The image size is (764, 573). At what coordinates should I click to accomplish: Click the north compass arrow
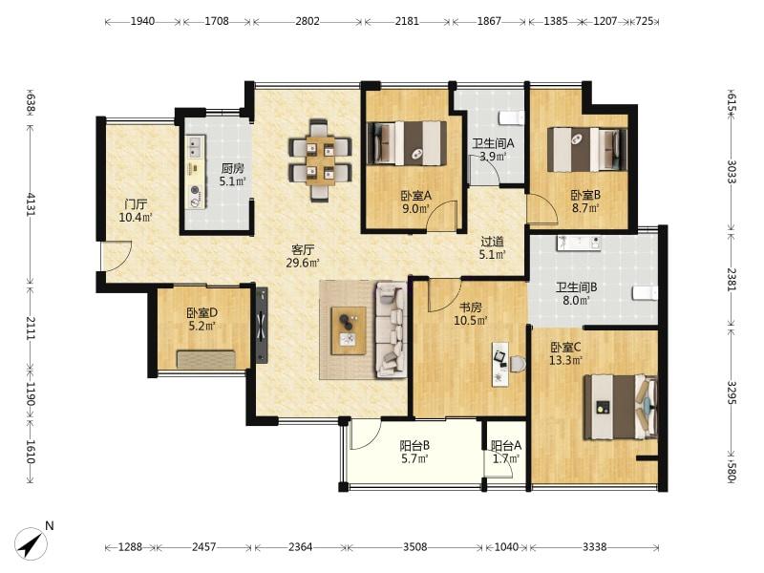click(32, 543)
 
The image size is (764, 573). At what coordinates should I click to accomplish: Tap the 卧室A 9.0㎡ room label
click(415, 202)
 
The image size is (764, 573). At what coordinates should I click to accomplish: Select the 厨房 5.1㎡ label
click(232, 175)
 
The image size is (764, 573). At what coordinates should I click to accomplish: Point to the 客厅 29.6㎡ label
click(303, 256)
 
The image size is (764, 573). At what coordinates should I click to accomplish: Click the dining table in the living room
click(320, 160)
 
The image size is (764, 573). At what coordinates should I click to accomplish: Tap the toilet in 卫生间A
click(511, 117)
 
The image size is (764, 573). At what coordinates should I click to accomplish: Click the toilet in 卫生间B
click(645, 293)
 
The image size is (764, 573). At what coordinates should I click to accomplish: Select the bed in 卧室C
click(621, 407)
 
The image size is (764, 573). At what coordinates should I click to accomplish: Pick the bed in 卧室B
click(586, 149)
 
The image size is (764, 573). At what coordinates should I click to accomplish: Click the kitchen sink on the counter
click(196, 147)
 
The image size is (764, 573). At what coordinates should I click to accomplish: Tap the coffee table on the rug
click(349, 329)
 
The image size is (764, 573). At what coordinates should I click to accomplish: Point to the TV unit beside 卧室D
click(262, 325)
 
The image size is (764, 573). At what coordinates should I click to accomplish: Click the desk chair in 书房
click(517, 364)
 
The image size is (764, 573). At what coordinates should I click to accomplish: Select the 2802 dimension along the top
click(308, 21)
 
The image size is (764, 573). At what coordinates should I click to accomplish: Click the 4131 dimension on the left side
click(31, 204)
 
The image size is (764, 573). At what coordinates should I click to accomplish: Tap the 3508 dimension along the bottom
click(415, 546)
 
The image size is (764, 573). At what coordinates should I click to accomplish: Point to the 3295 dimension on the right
click(732, 392)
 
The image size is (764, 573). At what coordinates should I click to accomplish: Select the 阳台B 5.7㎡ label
click(414, 452)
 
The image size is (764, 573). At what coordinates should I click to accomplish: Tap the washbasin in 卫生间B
click(579, 243)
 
